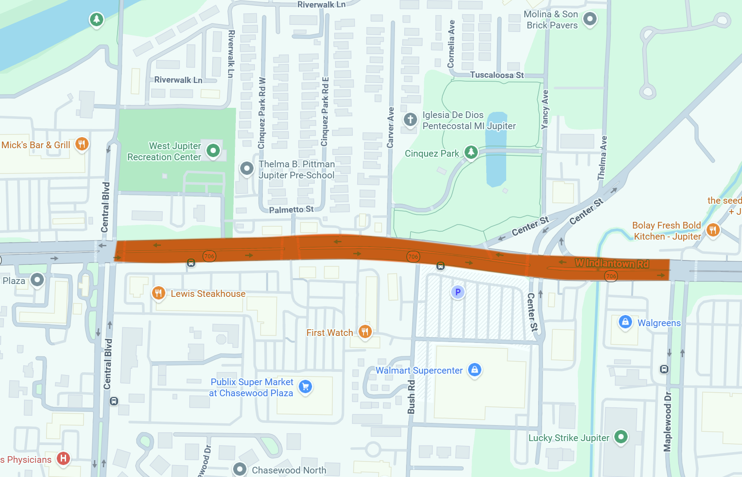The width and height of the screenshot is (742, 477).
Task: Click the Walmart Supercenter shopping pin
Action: (475, 369)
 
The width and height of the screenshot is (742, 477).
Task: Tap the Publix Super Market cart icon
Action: (305, 386)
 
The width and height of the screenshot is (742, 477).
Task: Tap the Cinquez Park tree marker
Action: (471, 152)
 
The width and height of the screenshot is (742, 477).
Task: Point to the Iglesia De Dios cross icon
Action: (410, 119)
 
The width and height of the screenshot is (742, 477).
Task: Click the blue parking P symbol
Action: (458, 292)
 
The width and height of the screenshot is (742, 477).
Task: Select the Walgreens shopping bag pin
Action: (625, 322)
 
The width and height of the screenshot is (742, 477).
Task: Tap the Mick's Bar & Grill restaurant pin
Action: (82, 144)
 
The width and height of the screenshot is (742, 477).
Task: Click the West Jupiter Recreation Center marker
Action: (213, 150)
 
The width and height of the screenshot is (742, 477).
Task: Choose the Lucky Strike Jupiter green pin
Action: (621, 437)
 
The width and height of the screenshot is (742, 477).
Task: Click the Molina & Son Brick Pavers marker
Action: (590, 19)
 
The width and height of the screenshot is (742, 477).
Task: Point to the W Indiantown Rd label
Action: (612, 263)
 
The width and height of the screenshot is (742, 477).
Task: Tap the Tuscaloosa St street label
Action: (496, 75)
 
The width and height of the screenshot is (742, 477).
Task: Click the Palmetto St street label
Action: (291, 209)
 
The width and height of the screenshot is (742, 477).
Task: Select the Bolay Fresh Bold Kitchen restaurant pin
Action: (713, 230)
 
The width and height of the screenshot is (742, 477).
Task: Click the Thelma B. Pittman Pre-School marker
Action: (246, 169)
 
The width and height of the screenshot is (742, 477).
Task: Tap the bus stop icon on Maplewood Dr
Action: (664, 369)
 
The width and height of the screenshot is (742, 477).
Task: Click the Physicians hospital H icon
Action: (63, 458)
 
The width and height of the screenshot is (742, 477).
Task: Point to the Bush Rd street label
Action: (411, 397)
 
